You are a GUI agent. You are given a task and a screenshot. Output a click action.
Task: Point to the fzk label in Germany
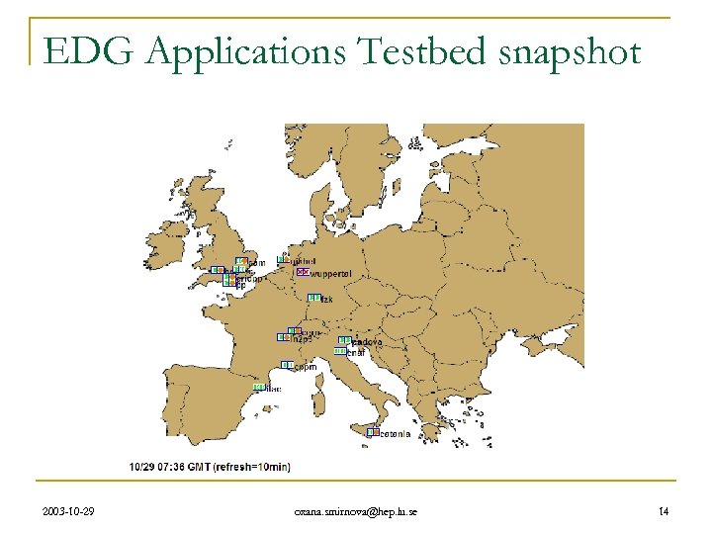pyautogui.click(x=327, y=299)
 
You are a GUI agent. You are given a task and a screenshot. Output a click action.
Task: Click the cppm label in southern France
pyautogui.click(x=305, y=367)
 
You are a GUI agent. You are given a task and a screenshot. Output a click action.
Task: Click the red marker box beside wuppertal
pyautogui.click(x=303, y=271)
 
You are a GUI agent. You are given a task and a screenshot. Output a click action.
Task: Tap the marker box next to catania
pyautogui.click(x=373, y=431)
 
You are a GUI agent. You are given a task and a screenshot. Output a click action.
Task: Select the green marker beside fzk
pyautogui.click(x=313, y=298)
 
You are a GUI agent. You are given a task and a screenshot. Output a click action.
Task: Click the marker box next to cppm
pyautogui.click(x=287, y=365)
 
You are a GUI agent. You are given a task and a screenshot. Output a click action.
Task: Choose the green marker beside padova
pyautogui.click(x=344, y=340)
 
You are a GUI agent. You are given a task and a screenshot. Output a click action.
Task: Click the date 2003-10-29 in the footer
pyautogui.click(x=70, y=510)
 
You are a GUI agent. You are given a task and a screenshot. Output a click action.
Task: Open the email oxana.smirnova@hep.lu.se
pyautogui.click(x=355, y=510)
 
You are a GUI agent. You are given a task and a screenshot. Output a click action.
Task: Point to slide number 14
pyautogui.click(x=664, y=510)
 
